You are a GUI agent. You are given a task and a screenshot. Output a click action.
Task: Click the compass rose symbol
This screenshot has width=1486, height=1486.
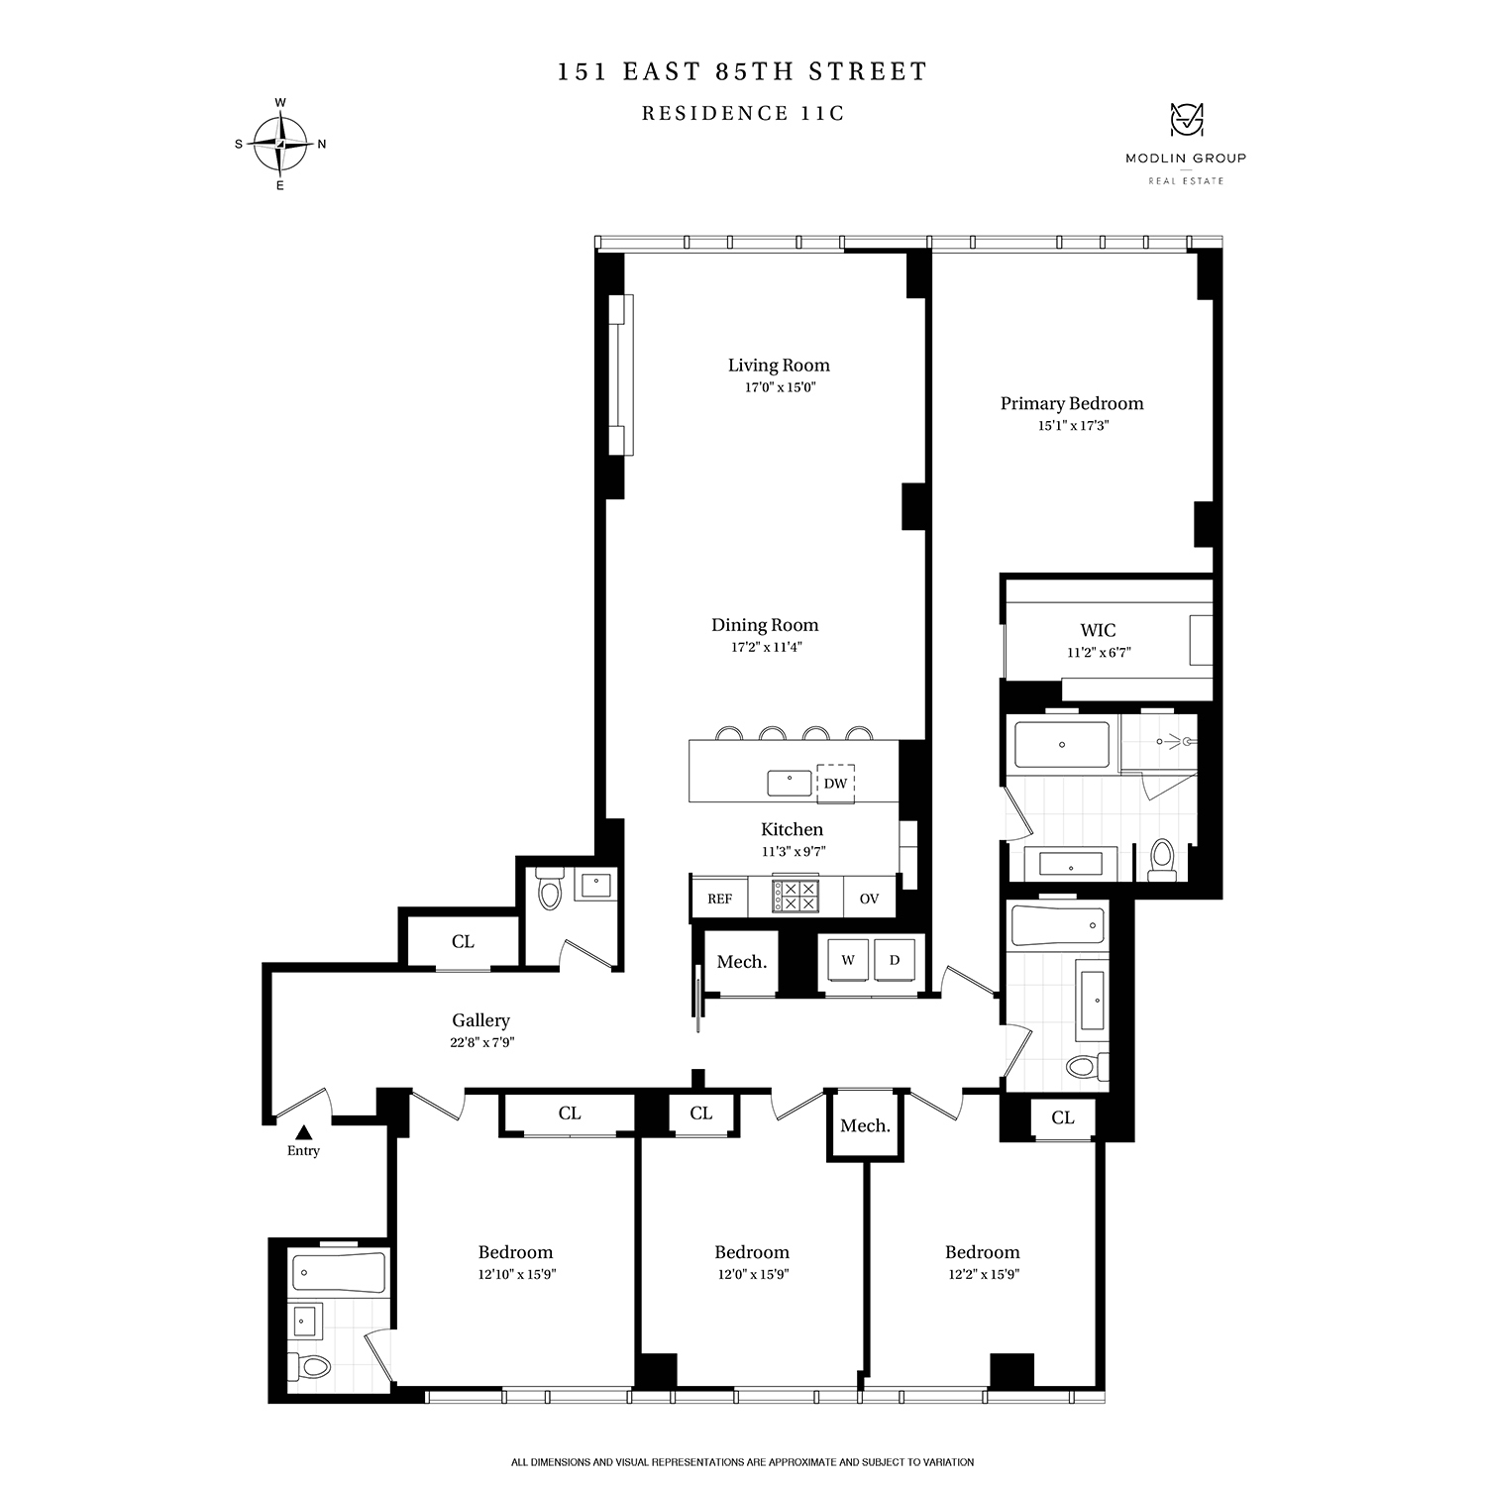(x=281, y=144)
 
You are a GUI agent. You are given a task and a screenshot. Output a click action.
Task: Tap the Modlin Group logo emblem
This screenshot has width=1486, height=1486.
(x=1185, y=121)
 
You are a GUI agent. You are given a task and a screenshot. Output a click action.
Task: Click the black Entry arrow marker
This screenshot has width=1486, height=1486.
(x=304, y=1131)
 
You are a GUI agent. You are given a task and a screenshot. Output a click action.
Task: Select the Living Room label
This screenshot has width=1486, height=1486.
(x=779, y=366)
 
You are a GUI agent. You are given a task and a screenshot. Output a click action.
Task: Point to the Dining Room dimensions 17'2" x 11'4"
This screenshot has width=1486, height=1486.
(x=766, y=647)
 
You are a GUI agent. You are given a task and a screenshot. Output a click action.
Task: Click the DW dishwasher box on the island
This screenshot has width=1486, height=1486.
(x=835, y=783)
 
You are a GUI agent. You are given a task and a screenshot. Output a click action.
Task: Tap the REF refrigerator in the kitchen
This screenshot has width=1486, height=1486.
(x=719, y=899)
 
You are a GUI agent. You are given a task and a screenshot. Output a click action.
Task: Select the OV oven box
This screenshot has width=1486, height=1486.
(x=869, y=899)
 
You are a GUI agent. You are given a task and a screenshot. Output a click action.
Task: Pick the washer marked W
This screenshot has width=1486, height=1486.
(x=848, y=960)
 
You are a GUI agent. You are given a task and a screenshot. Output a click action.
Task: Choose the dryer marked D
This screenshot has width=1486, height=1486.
(x=895, y=960)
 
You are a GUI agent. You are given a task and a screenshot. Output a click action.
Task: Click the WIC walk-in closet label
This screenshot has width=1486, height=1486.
(x=1098, y=630)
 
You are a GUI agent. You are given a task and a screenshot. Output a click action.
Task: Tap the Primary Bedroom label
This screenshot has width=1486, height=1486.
(x=1071, y=403)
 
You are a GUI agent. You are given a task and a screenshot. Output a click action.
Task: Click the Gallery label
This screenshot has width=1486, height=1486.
(x=480, y=1020)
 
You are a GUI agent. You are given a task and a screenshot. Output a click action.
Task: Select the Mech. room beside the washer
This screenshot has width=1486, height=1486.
(x=741, y=962)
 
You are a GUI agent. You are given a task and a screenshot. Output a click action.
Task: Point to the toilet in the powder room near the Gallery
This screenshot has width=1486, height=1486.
(x=548, y=890)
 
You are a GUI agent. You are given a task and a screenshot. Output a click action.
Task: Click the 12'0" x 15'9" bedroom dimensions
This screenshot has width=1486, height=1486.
(x=751, y=1275)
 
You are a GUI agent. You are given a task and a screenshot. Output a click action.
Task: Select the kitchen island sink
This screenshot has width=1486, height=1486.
(x=790, y=783)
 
